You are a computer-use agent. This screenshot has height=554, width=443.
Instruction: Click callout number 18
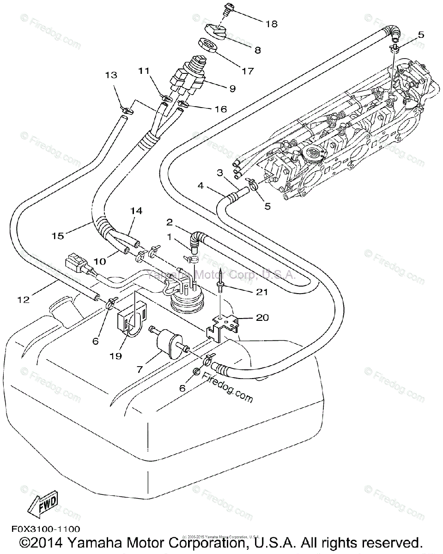(x=271, y=24)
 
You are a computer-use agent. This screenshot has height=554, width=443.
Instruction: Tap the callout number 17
(x=248, y=71)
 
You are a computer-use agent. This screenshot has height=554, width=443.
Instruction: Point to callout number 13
(x=111, y=75)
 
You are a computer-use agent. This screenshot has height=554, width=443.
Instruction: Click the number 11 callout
(x=144, y=71)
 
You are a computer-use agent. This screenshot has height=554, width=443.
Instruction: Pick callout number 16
(x=220, y=109)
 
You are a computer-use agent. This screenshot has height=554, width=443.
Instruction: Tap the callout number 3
(x=220, y=172)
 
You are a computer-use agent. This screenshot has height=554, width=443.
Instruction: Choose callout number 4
(x=200, y=187)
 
